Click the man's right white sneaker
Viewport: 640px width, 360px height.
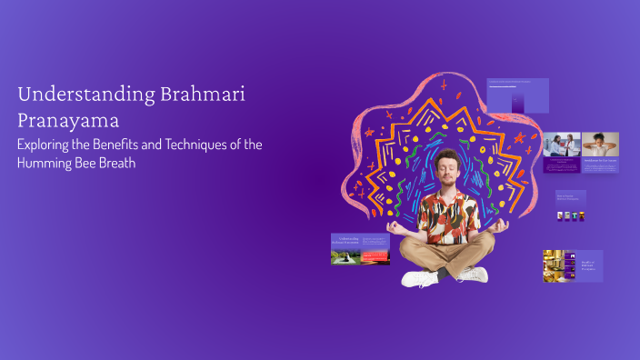point(471,274)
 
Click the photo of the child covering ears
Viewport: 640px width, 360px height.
point(600,145)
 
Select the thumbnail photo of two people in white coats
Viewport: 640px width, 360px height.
point(562,145)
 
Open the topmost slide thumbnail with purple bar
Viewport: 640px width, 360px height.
point(517,95)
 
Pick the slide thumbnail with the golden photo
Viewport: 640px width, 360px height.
point(573,265)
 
